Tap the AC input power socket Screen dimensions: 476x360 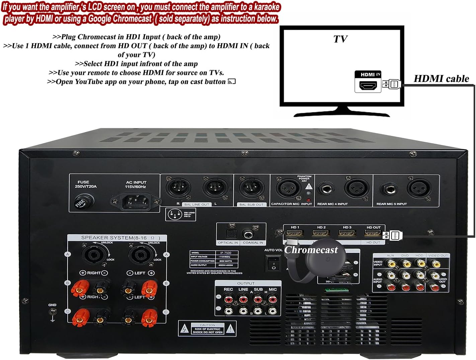pos(136,201)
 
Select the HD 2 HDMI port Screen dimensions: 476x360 pos(321,233)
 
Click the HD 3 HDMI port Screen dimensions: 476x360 pos(347,233)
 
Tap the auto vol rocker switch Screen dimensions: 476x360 pos(273,263)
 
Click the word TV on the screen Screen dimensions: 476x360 pos(340,39)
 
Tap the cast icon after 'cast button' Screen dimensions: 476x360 pos(232,82)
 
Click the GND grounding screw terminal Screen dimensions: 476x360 pos(52,312)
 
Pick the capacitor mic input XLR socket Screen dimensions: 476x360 pos(288,188)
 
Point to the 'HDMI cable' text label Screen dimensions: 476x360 pos(441,79)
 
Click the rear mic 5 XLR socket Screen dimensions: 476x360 pos(418,188)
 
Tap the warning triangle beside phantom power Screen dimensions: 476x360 pos(309,186)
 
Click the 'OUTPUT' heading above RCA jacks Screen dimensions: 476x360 pos(246,283)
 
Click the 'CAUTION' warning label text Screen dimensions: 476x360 pos(208,325)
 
